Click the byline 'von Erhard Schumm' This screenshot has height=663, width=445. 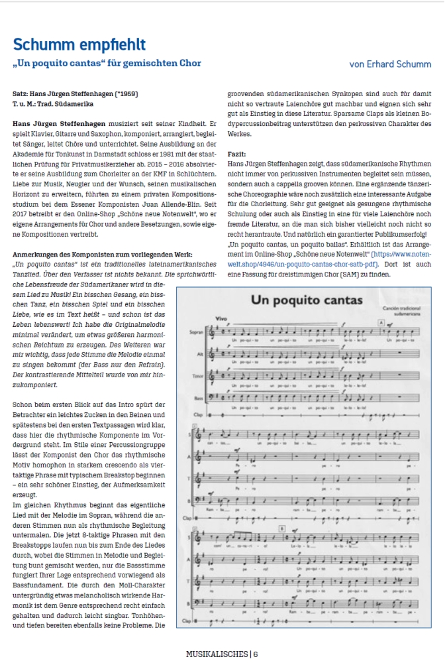click(x=391, y=64)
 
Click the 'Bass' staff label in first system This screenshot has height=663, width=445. click(x=197, y=397)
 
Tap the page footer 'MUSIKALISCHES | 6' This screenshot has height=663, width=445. click(x=222, y=654)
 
